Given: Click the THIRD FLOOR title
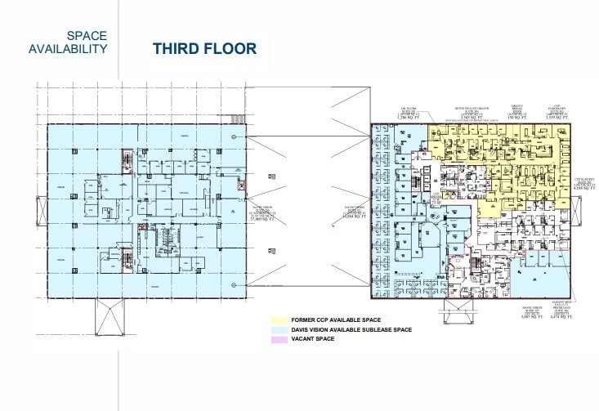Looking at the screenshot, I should pyautogui.click(x=204, y=48).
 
